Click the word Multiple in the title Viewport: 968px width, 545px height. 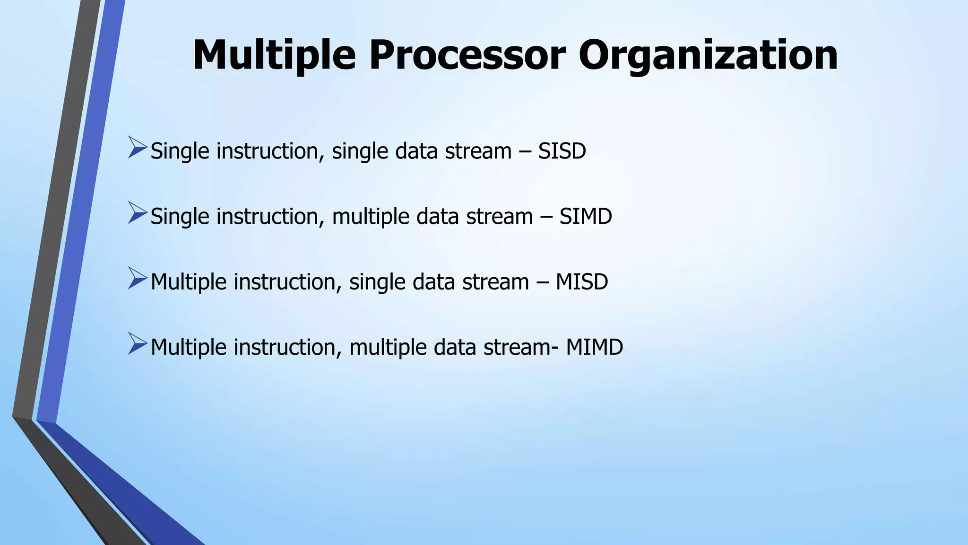(274, 55)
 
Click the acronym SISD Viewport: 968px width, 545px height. (562, 151)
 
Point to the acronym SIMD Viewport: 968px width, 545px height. (586, 217)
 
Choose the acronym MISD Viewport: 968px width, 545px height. (581, 282)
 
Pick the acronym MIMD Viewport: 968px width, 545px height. (594, 347)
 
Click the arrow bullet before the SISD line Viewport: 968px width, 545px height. (138, 147)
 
